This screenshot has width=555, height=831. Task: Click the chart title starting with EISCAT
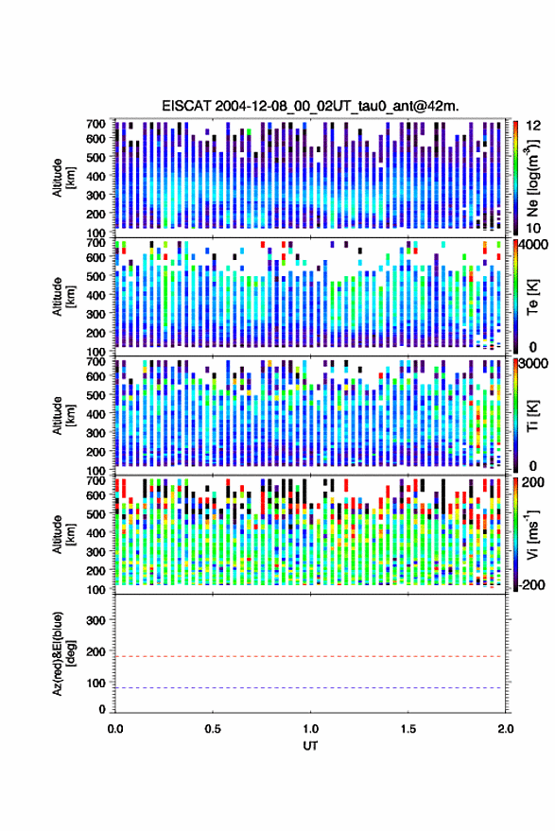point(310,106)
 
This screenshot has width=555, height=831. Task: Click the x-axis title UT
point(310,746)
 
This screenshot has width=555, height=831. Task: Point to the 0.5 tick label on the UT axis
point(213,728)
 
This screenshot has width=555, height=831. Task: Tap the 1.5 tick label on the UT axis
point(408,728)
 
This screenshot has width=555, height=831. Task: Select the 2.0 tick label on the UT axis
point(506,728)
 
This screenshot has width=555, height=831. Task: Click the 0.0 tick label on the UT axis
point(115,728)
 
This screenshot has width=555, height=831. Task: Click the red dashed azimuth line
point(310,656)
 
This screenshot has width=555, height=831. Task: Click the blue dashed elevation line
point(310,687)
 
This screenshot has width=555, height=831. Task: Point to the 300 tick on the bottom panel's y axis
point(95,620)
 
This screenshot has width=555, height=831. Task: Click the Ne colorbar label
point(532,178)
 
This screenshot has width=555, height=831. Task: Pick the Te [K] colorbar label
point(532,297)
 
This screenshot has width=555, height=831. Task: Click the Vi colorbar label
point(532,534)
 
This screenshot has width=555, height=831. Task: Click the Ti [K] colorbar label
point(532,416)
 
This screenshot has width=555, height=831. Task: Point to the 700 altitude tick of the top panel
point(95,124)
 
